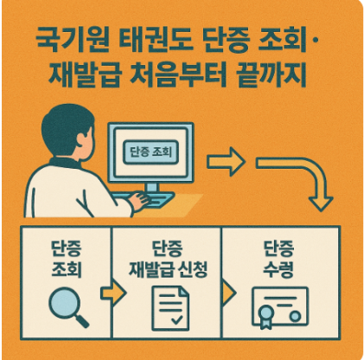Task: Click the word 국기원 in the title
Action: tap(73, 41)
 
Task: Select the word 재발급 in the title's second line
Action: tap(84, 74)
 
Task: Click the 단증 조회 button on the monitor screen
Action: tap(150, 152)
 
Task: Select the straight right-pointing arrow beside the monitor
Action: tap(226, 162)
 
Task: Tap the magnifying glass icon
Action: tap(68, 307)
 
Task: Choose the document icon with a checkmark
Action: tap(170, 308)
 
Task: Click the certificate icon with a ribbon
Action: tap(280, 308)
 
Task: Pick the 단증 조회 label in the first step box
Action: tap(67, 259)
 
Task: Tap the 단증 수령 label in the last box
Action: tap(278, 259)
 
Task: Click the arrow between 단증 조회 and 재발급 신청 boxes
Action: tap(113, 293)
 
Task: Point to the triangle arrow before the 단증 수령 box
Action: tap(229, 293)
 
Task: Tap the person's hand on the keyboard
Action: tap(140, 200)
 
